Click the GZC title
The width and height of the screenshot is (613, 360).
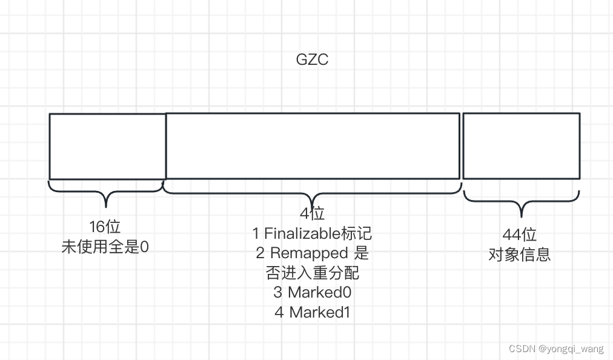(x=312, y=60)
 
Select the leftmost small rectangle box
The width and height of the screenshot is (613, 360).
(x=107, y=146)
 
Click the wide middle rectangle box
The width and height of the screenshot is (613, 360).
(x=313, y=146)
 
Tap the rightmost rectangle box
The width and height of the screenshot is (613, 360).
(x=522, y=146)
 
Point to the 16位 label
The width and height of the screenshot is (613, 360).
(x=105, y=227)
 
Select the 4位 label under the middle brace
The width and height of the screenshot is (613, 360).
(x=313, y=213)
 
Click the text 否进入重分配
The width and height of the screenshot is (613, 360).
(x=313, y=272)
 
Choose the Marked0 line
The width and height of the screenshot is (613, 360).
(x=313, y=292)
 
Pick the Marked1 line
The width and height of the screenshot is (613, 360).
(x=313, y=312)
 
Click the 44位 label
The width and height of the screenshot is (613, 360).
(x=520, y=235)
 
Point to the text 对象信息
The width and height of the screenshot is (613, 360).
(x=520, y=254)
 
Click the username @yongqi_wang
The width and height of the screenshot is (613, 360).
(x=571, y=348)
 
